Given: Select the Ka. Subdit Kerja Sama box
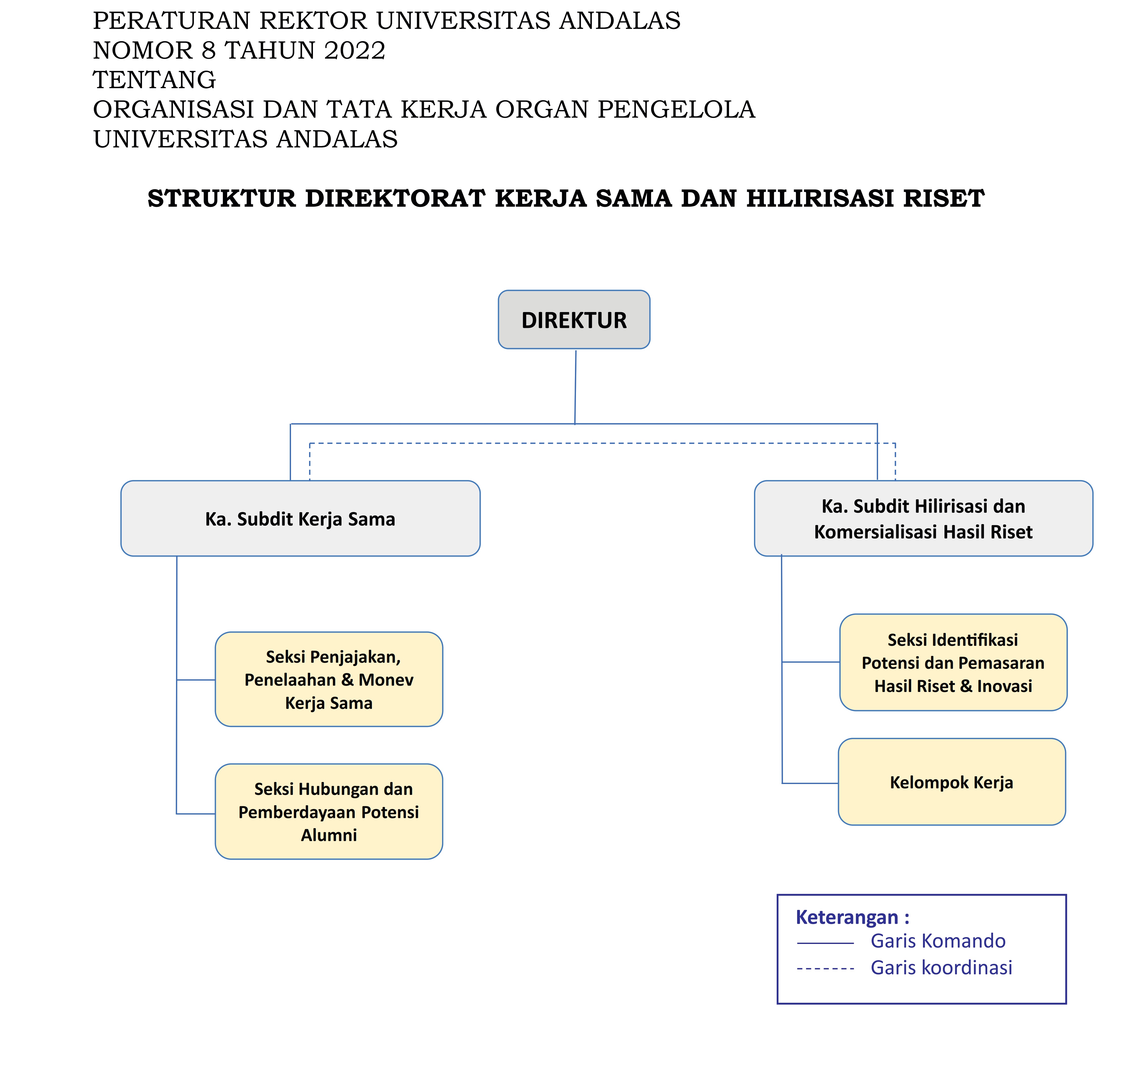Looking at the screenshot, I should point(300,518).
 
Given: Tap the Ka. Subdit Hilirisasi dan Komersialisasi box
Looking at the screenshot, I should point(923,518).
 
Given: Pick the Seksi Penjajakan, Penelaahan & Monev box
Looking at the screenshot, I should point(329,679).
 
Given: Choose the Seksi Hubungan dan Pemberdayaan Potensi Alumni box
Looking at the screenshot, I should point(329,812).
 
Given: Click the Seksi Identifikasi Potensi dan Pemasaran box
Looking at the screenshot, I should point(953,662).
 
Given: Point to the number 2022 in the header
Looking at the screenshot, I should point(355,51).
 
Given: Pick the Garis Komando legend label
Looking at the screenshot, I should point(938,941).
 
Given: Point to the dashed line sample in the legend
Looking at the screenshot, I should point(825,969).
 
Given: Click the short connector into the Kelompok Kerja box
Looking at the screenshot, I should point(810,783).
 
